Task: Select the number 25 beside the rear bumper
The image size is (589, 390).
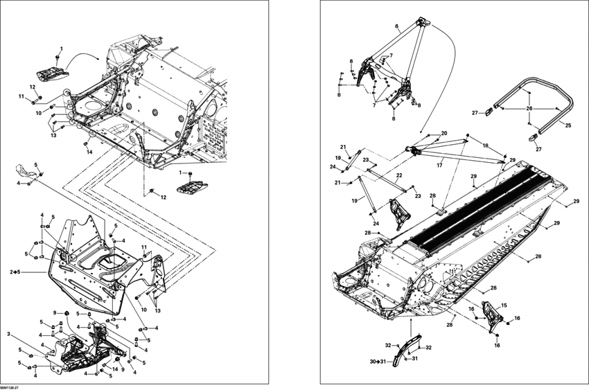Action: [568, 125]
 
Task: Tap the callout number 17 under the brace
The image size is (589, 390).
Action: [439, 165]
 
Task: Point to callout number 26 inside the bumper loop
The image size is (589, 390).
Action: [528, 108]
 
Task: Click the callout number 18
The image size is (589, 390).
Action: [484, 146]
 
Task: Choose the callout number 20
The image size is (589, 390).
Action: [444, 133]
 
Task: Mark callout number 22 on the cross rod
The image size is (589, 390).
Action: [399, 175]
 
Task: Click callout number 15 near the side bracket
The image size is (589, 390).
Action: [504, 305]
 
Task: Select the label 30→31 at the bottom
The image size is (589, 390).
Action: [378, 362]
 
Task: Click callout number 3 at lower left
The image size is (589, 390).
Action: [9, 335]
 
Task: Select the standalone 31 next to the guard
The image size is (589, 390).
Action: [415, 358]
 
